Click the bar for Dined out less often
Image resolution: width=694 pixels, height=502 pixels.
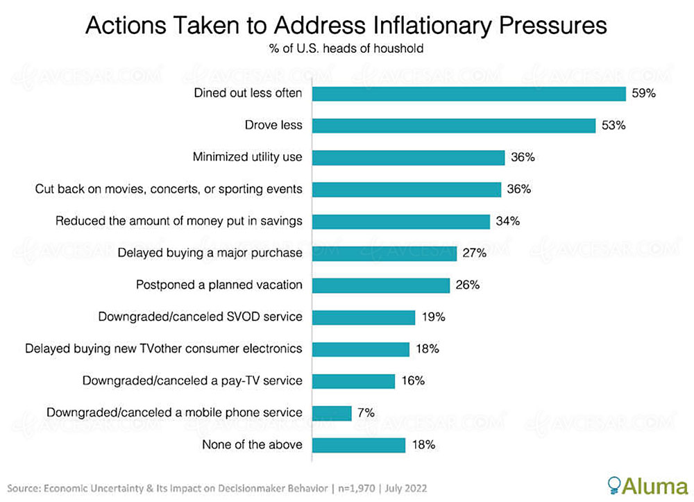(469, 94)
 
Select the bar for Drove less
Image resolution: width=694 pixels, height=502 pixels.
(454, 126)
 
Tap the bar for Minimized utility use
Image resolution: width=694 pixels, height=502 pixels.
(409, 158)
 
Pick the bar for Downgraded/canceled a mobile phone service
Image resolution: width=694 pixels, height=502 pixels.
(332, 413)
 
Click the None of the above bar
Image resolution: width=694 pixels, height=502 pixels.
(359, 445)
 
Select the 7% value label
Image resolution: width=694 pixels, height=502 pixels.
(366, 413)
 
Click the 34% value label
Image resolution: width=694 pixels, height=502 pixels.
(508, 221)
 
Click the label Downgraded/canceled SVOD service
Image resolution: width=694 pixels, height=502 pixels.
(201, 317)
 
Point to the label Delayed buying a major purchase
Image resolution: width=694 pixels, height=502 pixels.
(210, 253)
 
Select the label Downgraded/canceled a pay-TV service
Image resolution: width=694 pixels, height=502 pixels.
(192, 380)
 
